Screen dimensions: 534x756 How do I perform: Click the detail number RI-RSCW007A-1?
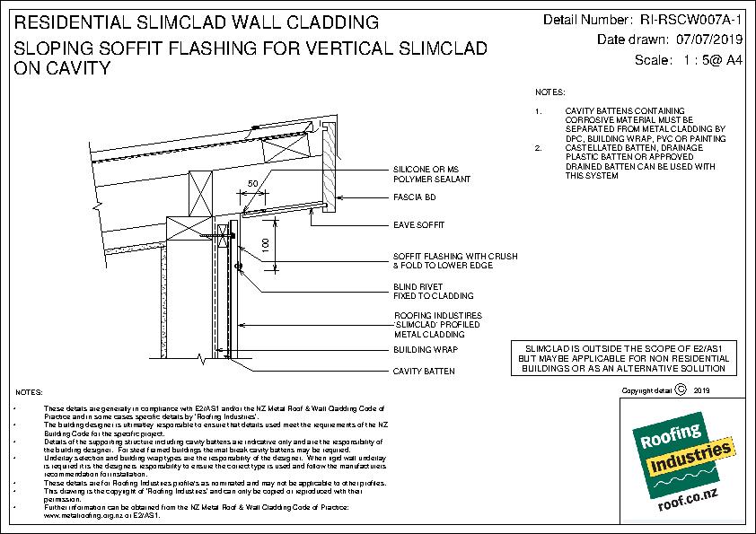[691, 20]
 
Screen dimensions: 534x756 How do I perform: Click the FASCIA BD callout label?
[410, 196]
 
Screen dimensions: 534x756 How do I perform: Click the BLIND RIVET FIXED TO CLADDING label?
[422, 291]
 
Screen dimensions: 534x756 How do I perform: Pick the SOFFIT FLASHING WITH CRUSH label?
[455, 256]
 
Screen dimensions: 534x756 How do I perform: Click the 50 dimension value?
[254, 183]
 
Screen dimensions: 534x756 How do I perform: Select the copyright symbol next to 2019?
[680, 390]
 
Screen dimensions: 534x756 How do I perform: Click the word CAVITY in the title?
[70, 68]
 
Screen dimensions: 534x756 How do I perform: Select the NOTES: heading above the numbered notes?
[549, 92]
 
